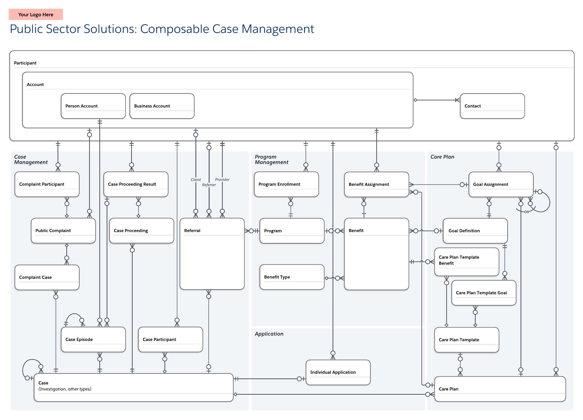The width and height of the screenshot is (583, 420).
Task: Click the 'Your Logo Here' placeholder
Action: point(36,14)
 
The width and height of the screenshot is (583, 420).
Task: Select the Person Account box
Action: point(93,106)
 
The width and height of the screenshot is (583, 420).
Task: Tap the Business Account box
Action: point(162,106)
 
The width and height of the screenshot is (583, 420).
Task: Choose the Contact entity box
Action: point(492,106)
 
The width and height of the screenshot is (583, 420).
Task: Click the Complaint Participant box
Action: point(47,184)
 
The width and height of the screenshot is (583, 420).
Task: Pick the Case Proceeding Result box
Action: point(136,184)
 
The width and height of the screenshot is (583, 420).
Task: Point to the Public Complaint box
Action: point(63,231)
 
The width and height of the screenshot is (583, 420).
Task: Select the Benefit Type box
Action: point(292,277)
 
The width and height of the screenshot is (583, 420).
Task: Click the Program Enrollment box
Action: point(286,184)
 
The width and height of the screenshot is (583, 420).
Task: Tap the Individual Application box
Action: point(338,372)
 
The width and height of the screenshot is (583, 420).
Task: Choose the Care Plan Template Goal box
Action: point(483,293)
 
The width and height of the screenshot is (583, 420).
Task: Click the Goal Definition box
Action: point(475,231)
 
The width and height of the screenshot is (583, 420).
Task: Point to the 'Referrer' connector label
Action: point(209,185)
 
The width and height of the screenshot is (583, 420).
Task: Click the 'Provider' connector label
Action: point(222,179)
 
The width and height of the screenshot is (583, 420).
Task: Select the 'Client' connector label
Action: point(196,180)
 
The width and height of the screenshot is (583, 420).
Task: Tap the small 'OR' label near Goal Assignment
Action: point(526,212)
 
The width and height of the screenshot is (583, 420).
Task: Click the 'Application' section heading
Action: point(269,334)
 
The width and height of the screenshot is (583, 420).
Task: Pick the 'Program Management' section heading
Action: point(271,160)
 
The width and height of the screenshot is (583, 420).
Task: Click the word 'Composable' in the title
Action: point(175,29)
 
